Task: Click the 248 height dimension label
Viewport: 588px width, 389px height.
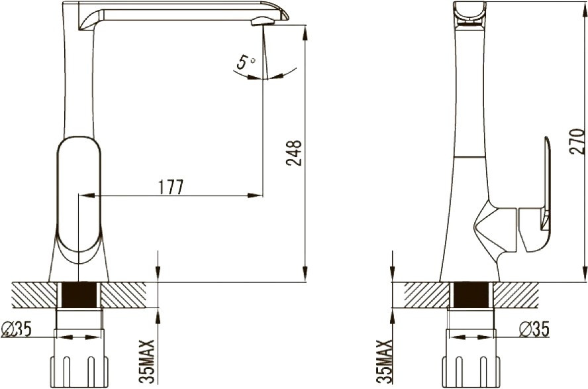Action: pyautogui.click(x=293, y=153)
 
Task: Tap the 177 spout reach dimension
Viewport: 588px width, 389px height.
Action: pyautogui.click(x=171, y=187)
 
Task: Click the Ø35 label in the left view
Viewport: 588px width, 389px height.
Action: pyautogui.click(x=17, y=329)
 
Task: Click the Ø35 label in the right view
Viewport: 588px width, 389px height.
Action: pyautogui.click(x=534, y=329)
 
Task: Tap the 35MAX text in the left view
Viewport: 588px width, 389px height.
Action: pyautogui.click(x=146, y=362)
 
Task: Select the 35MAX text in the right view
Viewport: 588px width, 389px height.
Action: pyautogui.click(x=383, y=362)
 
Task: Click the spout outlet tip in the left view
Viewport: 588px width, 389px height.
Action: pyautogui.click(x=263, y=22)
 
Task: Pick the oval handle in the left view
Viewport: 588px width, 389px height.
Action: pyautogui.click(x=79, y=194)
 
